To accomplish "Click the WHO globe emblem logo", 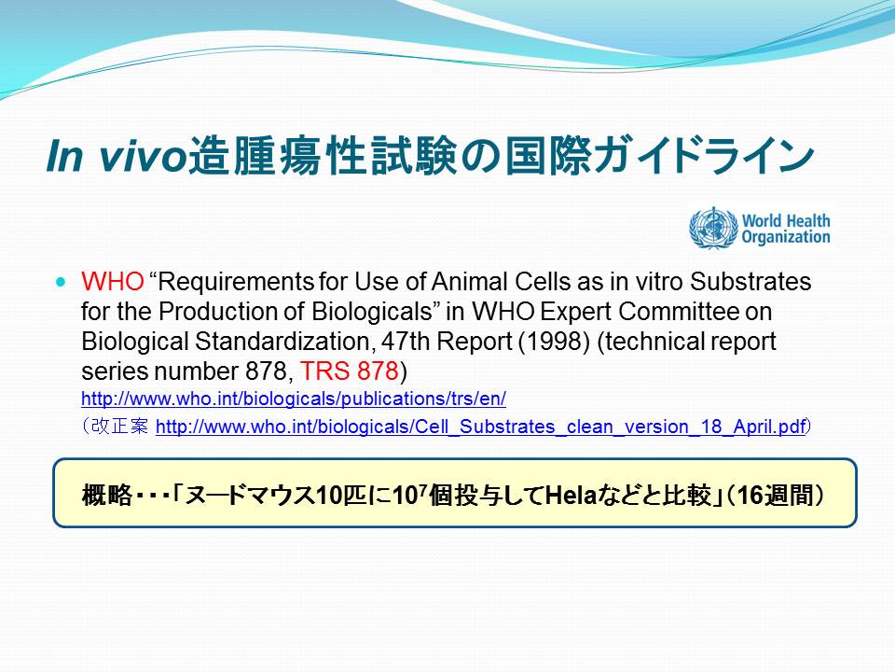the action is (713, 229).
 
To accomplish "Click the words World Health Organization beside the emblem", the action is (786, 229).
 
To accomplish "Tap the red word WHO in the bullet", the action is (113, 281).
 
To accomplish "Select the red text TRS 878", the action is (350, 371).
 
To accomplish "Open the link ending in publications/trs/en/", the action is (294, 399).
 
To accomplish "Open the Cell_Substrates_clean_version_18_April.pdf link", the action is (481, 427).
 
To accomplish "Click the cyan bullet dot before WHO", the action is (62, 282).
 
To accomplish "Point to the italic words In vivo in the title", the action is (117, 156).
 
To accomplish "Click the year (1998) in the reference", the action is (554, 342).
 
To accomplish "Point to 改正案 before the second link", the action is (119, 427).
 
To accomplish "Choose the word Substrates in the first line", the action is (750, 281).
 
